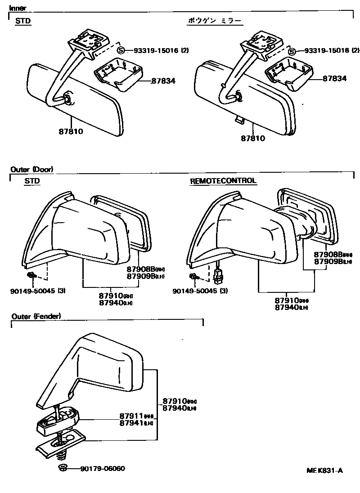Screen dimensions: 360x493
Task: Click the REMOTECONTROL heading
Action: tap(223, 181)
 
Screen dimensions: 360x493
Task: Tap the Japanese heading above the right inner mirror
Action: tap(215, 21)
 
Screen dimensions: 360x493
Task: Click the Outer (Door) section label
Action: tap(31, 170)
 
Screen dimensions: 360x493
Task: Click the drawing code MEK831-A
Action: tap(325, 471)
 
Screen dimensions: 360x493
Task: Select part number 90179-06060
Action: tap(103, 468)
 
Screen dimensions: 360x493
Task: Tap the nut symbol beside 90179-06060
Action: tap(63, 468)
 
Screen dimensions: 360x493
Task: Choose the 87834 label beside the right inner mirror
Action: tap(334, 78)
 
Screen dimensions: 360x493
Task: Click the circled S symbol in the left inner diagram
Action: tap(121, 50)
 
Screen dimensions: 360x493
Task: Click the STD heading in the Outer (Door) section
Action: tap(32, 181)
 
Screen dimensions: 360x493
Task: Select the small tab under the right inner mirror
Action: tap(239, 120)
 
